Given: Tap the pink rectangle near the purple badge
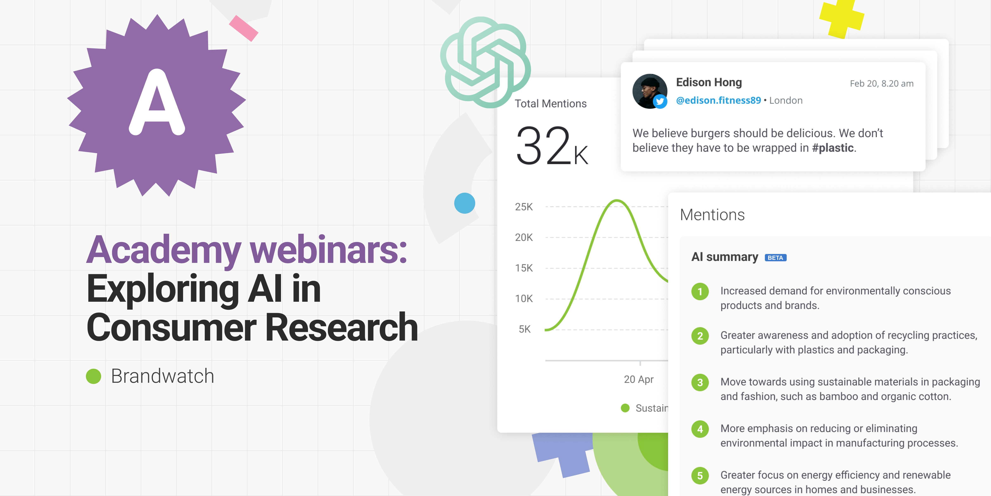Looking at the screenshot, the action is click(244, 28).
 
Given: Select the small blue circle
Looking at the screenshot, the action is click(464, 203).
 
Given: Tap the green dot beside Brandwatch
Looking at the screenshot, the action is click(94, 376).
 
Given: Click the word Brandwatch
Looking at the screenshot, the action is click(162, 376).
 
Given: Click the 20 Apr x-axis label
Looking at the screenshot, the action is click(639, 379).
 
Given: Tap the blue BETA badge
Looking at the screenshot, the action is click(775, 258).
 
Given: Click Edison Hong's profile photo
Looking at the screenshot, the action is click(650, 91).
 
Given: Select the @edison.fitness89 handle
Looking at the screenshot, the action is click(718, 100).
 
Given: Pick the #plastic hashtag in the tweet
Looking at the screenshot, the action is click(833, 148).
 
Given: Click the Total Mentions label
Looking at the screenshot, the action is click(550, 104).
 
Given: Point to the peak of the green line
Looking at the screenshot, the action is click(617, 200).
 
